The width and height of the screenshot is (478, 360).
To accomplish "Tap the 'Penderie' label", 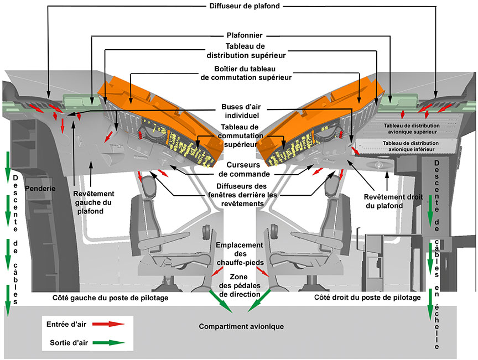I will pyautogui.click(x=40, y=189).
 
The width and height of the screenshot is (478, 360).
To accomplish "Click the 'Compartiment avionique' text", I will pyautogui.click(x=241, y=327).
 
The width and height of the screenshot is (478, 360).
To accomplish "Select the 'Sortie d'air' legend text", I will pyautogui.click(x=66, y=342).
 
